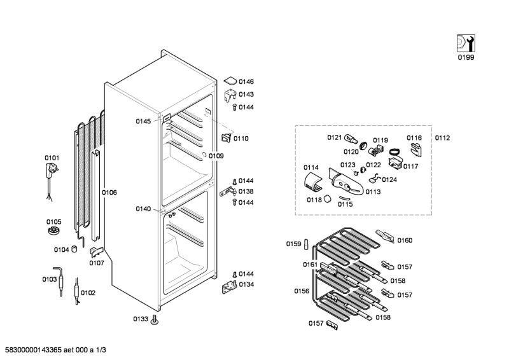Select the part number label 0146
click(x=246, y=82)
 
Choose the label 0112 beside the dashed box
click(x=442, y=138)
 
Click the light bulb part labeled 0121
click(x=352, y=138)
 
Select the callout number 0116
click(x=414, y=138)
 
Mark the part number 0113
click(x=373, y=191)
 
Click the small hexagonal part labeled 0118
click(x=328, y=199)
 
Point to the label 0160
click(x=405, y=240)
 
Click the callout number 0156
click(x=302, y=291)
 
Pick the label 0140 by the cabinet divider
click(x=143, y=209)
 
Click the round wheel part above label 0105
click(x=54, y=230)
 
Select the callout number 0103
click(x=50, y=279)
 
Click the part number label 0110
click(x=241, y=138)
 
